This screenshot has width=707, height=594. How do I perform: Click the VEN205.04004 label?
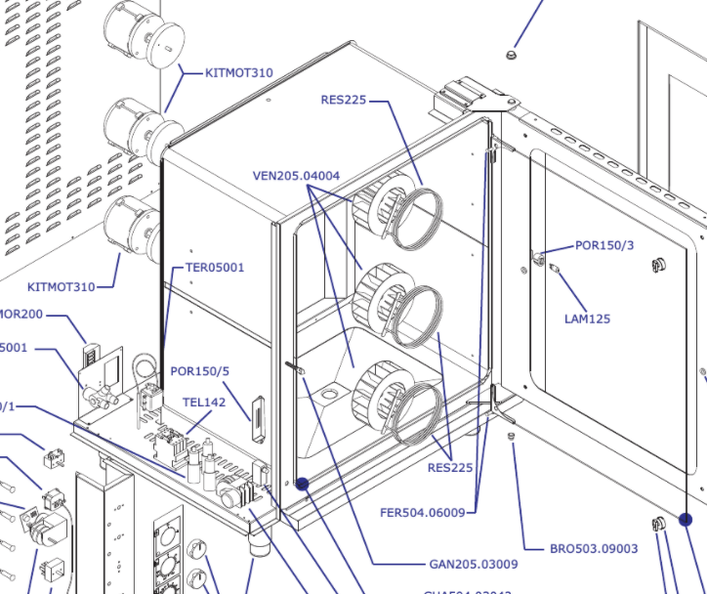point(296,176)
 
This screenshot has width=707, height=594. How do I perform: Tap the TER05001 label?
point(215,267)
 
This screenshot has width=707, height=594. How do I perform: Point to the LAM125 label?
point(587,318)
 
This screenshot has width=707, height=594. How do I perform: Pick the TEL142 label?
point(204,402)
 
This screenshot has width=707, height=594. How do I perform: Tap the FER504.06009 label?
point(428,511)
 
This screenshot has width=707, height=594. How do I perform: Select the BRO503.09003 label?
point(593,549)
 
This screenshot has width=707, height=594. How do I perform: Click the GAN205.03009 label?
point(473,564)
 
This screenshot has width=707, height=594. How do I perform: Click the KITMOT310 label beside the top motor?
point(239,73)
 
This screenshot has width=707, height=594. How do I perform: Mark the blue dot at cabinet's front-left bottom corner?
point(303,484)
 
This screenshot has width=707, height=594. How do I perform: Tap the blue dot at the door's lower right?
point(686,521)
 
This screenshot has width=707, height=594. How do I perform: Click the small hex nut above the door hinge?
point(510,54)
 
